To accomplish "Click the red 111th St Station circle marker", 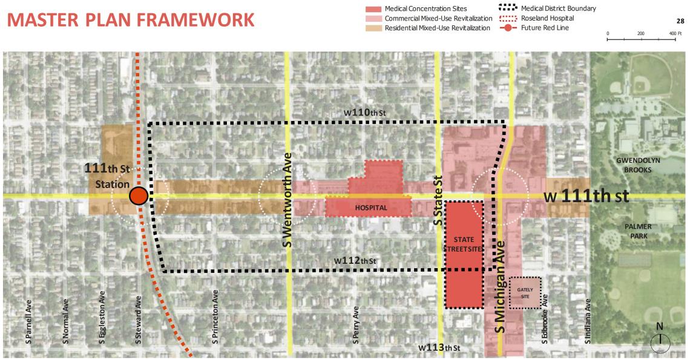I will click(x=139, y=196).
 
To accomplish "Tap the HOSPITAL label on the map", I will click(x=371, y=208).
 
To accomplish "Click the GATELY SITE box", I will click(x=525, y=293).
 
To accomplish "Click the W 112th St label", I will click(x=355, y=261).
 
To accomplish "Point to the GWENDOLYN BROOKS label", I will click(x=638, y=165).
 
